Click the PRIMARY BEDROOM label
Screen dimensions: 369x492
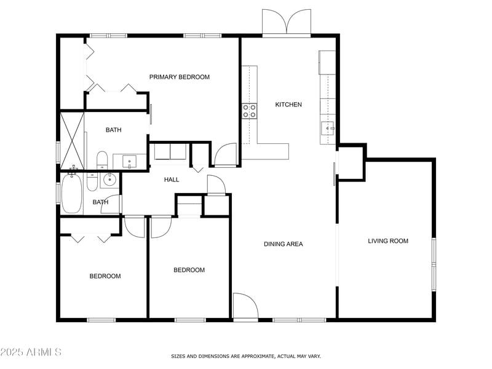(180, 77)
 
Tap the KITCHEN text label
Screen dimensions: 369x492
(288, 105)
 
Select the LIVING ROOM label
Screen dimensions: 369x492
(388, 241)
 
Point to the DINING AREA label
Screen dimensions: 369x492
(284, 244)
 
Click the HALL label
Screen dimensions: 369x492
(172, 180)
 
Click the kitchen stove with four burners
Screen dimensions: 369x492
(250, 111)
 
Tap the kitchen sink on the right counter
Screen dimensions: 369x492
(327, 129)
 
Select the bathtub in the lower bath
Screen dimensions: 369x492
(71, 194)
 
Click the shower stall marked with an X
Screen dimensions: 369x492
(72, 140)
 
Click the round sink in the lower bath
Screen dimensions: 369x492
(109, 180)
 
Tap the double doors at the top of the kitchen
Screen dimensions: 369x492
(287, 23)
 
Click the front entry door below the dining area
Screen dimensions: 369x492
(245, 307)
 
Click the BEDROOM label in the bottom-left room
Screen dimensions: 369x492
(105, 276)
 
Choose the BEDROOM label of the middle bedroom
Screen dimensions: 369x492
(189, 270)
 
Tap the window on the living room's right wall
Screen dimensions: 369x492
(434, 264)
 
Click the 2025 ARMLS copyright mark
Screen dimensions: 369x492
(31, 352)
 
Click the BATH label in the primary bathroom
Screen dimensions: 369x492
(114, 130)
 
